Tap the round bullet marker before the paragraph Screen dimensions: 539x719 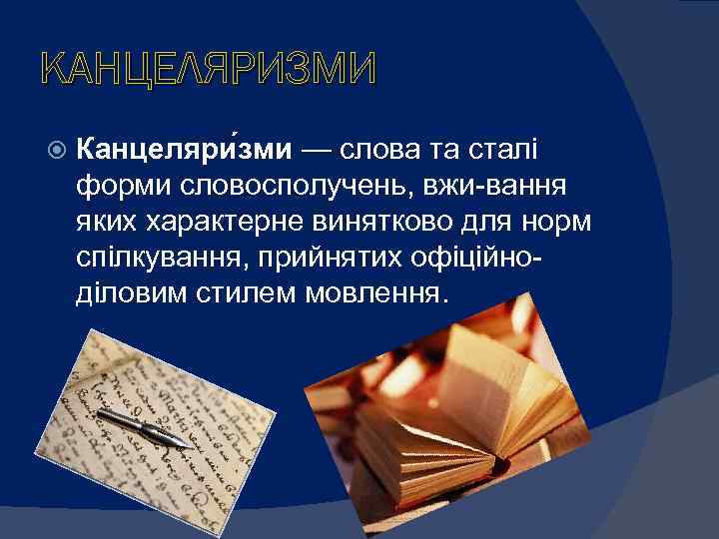[57, 151]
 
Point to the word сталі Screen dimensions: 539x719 [505, 150]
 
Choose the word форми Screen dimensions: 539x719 [117, 186]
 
